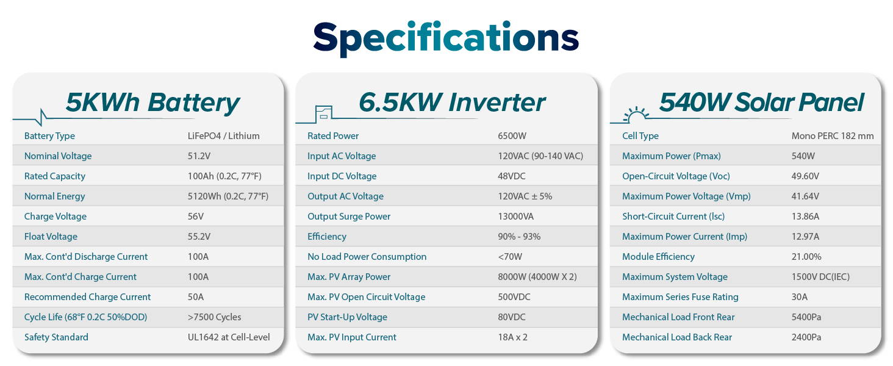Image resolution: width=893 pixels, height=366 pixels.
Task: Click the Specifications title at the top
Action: pyautogui.click(x=446, y=38)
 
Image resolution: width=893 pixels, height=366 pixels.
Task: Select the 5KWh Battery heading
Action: pyautogui.click(x=152, y=103)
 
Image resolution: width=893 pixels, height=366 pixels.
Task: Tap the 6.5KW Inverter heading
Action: pyautogui.click(x=451, y=102)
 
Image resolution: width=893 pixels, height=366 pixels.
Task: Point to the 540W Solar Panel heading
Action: pyautogui.click(x=761, y=102)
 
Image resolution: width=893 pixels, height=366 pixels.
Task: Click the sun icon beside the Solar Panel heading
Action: pyautogui.click(x=636, y=115)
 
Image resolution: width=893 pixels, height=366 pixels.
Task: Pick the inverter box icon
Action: pyautogui.click(x=323, y=114)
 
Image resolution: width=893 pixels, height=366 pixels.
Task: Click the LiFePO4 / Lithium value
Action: pyautogui.click(x=223, y=136)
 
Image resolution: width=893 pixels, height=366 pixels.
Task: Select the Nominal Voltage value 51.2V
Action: pyautogui.click(x=199, y=156)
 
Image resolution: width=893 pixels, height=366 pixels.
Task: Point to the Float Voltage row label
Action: pyautogui.click(x=51, y=237)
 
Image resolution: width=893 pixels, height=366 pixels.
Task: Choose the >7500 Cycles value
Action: pyautogui.click(x=214, y=317)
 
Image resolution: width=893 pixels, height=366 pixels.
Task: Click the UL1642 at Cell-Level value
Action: pyautogui.click(x=228, y=337)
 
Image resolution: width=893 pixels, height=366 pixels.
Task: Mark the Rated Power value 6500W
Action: pyautogui.click(x=512, y=136)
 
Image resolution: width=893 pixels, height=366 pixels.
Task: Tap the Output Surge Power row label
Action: pyautogui.click(x=349, y=217)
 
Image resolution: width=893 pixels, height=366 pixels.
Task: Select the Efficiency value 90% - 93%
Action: pyautogui.click(x=519, y=237)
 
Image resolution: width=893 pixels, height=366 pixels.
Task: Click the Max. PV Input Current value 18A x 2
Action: pyautogui.click(x=512, y=337)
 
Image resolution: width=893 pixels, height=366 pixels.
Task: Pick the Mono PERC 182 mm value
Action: pyautogui.click(x=833, y=136)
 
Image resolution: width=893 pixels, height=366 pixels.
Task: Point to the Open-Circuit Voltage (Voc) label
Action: pyautogui.click(x=676, y=176)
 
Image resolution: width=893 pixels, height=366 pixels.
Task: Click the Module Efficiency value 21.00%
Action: pyautogui.click(x=806, y=257)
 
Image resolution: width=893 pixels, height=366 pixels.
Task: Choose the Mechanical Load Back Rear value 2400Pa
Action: pyautogui.click(x=806, y=337)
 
